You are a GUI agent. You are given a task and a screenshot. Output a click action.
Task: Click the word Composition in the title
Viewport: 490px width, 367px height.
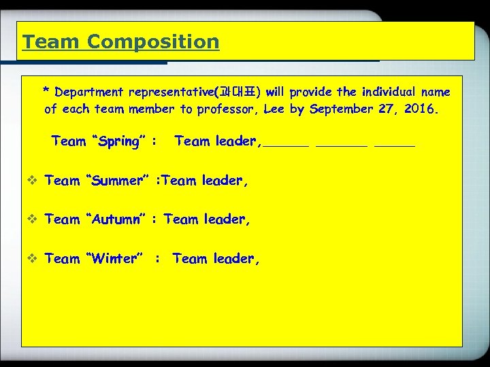pyautogui.click(x=153, y=42)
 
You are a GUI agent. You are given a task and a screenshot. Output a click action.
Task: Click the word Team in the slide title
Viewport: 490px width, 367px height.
pyautogui.click(x=51, y=42)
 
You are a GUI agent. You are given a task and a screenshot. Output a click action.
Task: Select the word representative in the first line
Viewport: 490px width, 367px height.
pyautogui.click(x=170, y=92)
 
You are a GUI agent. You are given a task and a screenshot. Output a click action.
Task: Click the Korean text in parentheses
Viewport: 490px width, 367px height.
pyautogui.click(x=238, y=92)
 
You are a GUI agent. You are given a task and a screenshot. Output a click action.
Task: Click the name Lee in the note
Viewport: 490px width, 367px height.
pyautogui.click(x=274, y=109)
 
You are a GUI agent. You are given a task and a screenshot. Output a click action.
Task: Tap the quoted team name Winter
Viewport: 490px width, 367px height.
pyautogui.click(x=114, y=258)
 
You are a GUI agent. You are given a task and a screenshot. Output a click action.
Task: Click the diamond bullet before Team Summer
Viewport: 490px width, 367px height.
pyautogui.click(x=33, y=180)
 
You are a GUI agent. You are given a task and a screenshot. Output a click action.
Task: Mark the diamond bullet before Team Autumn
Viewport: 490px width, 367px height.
pyautogui.click(x=33, y=219)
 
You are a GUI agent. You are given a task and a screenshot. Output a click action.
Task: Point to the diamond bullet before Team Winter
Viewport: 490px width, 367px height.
pyautogui.click(x=33, y=258)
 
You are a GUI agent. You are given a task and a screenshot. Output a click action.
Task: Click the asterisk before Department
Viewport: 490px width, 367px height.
pyautogui.click(x=46, y=90)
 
